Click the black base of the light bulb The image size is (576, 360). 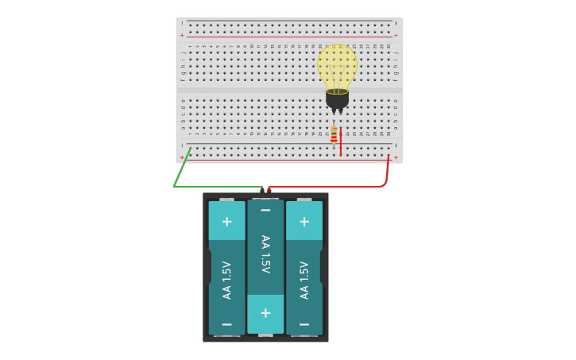point(337,99)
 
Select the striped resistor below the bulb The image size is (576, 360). point(334,134)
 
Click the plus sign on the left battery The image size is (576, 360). point(226,221)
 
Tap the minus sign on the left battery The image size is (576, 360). point(226,324)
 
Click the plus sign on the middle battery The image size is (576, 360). point(265,312)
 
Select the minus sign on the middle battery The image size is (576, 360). point(265,211)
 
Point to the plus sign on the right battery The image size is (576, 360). point(303,221)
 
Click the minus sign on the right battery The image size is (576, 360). point(303,324)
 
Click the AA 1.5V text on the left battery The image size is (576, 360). point(226,280)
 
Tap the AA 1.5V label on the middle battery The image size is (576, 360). point(265,254)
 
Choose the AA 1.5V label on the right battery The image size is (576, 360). point(303,280)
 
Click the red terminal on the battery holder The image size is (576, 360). point(269,191)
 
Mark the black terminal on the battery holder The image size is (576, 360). point(262,191)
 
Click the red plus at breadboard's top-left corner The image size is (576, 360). point(182,35)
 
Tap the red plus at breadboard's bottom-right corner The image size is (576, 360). point(396,157)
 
